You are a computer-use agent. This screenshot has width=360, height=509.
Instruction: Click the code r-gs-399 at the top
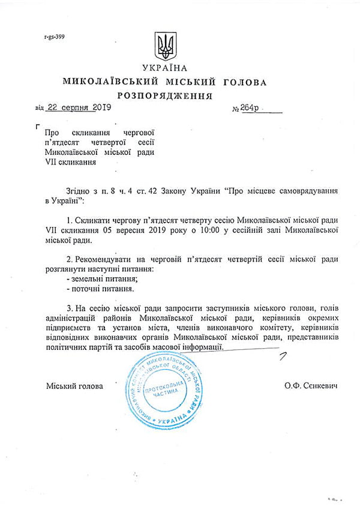point(55,37)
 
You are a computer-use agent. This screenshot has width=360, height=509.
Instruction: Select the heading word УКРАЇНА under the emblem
point(165,68)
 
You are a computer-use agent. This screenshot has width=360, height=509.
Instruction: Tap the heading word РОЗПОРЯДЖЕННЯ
point(165,95)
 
